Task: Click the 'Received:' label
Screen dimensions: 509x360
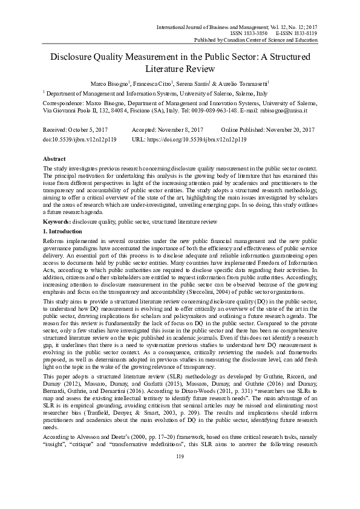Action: pos(57,130)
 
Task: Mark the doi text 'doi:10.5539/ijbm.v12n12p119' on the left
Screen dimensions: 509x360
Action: pos(80,138)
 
